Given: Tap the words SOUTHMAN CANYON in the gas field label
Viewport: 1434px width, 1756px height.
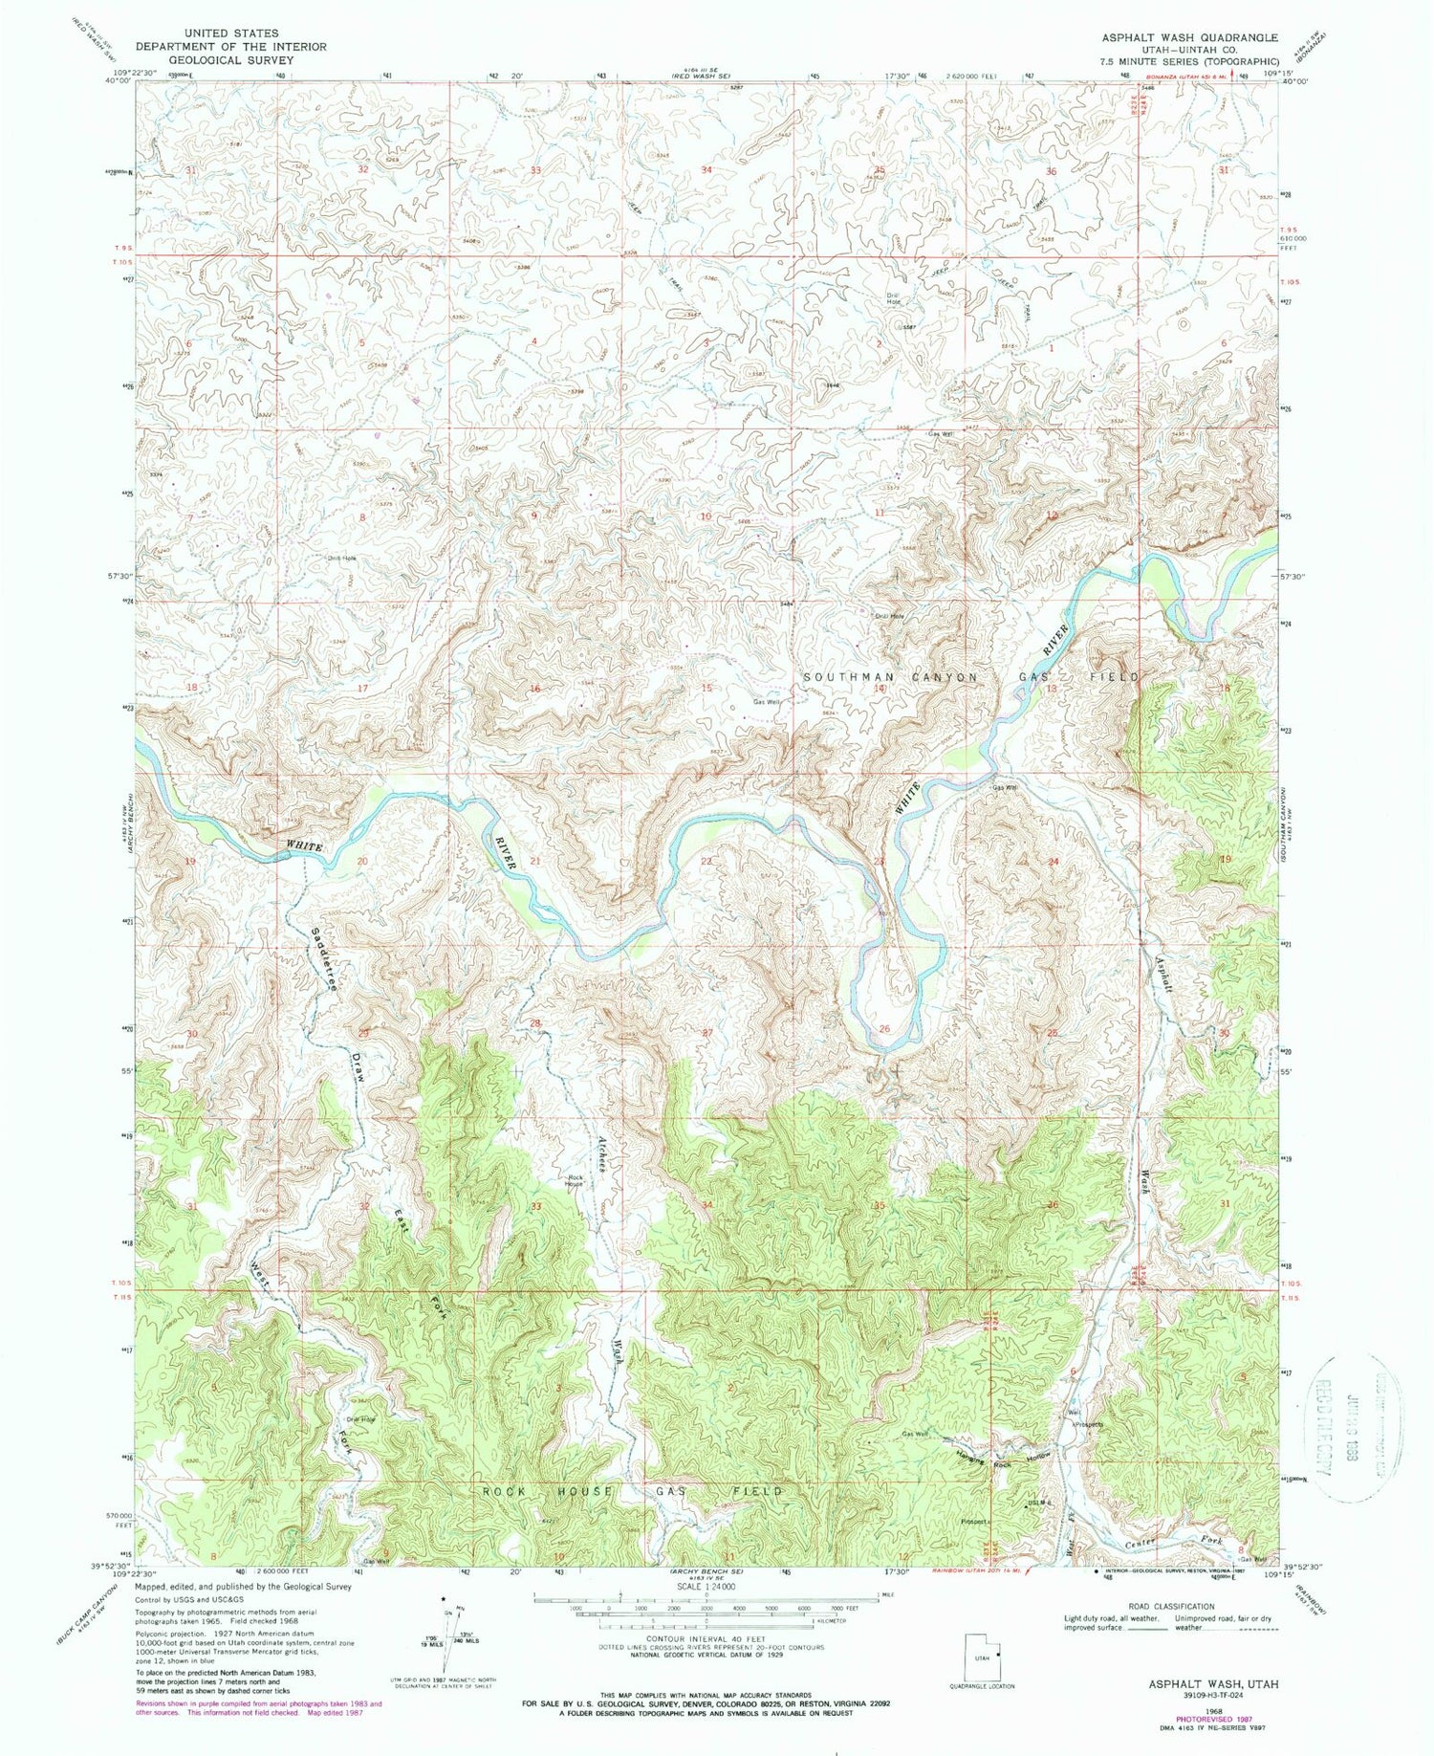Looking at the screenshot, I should (x=891, y=676).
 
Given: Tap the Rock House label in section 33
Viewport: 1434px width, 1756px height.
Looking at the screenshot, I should (x=574, y=1180).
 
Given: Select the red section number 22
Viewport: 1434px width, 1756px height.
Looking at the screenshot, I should (x=706, y=862).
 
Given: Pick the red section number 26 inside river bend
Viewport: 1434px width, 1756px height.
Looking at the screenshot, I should (x=884, y=1029).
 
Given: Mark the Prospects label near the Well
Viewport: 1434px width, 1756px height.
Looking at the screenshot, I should (x=1090, y=1425).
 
